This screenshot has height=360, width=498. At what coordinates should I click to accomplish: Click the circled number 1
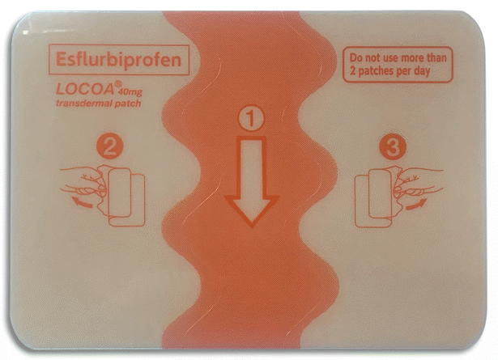click(x=251, y=120)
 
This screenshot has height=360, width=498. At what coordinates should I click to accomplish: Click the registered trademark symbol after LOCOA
click(x=121, y=83)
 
